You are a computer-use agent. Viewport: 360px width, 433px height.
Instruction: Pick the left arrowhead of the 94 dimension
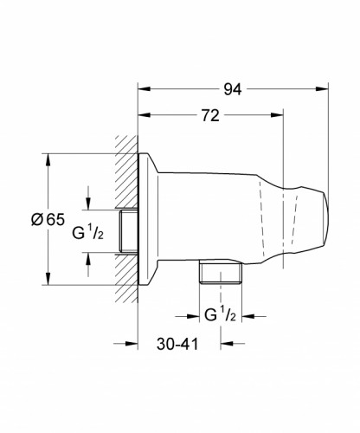coord(145,87)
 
